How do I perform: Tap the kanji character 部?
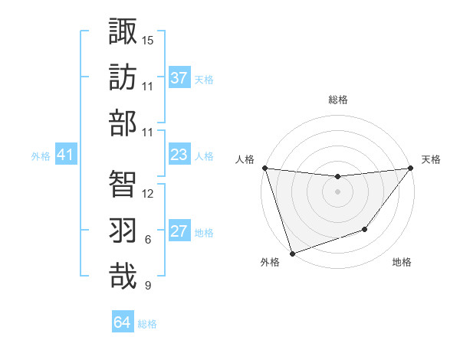coord(123,123)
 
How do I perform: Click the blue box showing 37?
coord(179,78)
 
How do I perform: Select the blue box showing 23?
coord(179,155)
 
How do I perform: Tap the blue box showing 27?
coord(179,231)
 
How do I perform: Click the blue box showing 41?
coord(66,155)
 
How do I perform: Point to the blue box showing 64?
coord(123,322)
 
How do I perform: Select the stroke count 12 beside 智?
coord(148,194)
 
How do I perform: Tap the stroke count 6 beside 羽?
coord(148,240)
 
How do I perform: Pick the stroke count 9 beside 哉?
coord(148,286)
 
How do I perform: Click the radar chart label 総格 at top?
coord(337,100)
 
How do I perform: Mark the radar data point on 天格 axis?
coord(411,168)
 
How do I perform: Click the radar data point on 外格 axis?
coord(292,253)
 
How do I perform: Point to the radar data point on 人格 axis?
coord(264,168)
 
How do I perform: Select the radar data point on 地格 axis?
coord(366,229)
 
